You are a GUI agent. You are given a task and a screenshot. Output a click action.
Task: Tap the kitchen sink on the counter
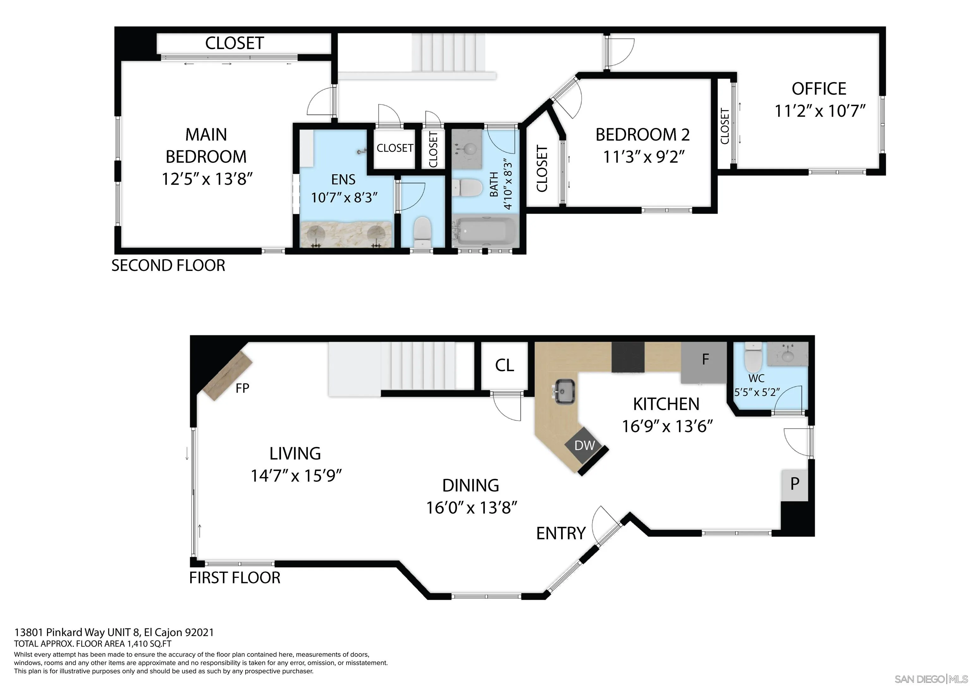[564, 392]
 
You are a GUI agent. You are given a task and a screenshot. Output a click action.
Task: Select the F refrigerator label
[705, 359]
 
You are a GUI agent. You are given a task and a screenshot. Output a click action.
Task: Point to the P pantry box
[795, 485]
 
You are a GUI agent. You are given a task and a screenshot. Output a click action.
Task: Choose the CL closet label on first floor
[504, 365]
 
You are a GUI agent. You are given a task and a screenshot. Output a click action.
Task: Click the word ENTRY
[561, 533]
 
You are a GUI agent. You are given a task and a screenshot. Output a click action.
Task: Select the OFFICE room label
[819, 89]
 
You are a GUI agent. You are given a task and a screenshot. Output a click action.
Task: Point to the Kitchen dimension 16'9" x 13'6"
[667, 426]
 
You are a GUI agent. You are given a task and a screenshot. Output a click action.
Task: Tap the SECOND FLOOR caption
[168, 265]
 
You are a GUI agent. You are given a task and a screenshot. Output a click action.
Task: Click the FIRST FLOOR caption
[235, 577]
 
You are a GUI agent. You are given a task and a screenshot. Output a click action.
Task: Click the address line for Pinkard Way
[114, 632]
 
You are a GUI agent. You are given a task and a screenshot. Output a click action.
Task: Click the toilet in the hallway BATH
[467, 188]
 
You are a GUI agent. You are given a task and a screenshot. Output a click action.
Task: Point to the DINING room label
[471, 485]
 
